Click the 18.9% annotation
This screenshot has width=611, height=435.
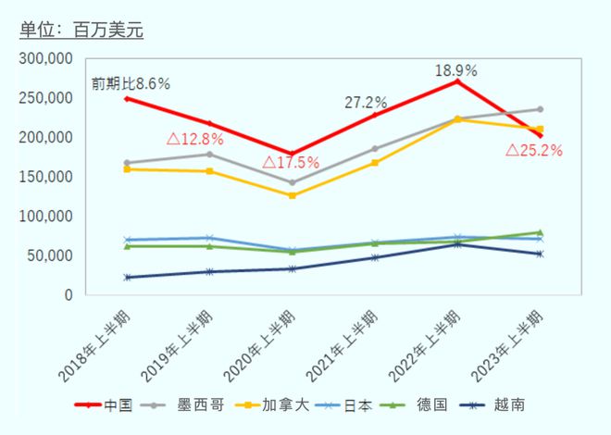[455, 70]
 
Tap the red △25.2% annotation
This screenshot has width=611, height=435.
[534, 150]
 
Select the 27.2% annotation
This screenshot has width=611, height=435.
[365, 102]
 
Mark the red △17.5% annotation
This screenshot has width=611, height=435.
[290, 163]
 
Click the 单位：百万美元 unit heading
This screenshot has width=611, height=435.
[81, 29]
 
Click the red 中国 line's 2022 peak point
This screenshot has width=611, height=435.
[456, 81]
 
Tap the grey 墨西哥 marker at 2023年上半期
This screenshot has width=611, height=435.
[540, 109]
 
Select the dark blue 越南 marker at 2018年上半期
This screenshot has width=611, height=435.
[126, 277]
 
